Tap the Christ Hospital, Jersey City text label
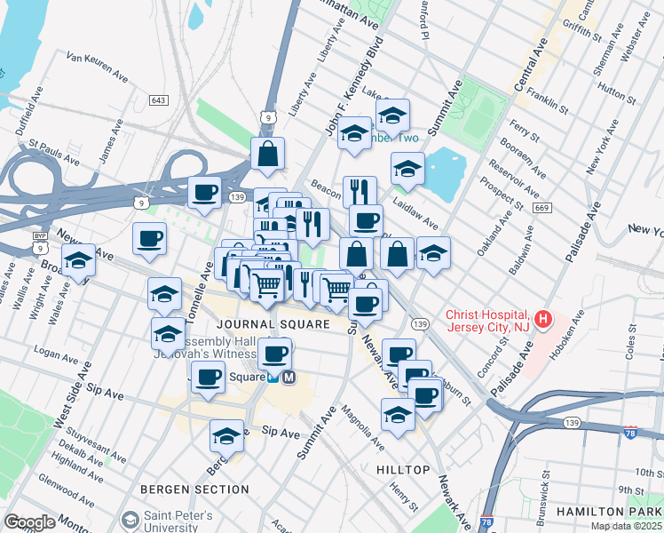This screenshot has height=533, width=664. pyautogui.click(x=488, y=322)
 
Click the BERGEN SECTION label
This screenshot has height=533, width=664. pyautogui.click(x=195, y=489)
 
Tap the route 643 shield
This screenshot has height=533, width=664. pyautogui.click(x=159, y=100)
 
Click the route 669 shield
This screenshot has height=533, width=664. pyautogui.click(x=541, y=208)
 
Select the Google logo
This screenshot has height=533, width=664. pyautogui.click(x=29, y=521)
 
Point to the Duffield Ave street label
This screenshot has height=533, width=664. pyautogui.click(x=26, y=107)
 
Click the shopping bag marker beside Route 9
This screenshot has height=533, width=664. pyautogui.click(x=267, y=155)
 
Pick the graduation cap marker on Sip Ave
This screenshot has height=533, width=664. pyautogui.click(x=227, y=437)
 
